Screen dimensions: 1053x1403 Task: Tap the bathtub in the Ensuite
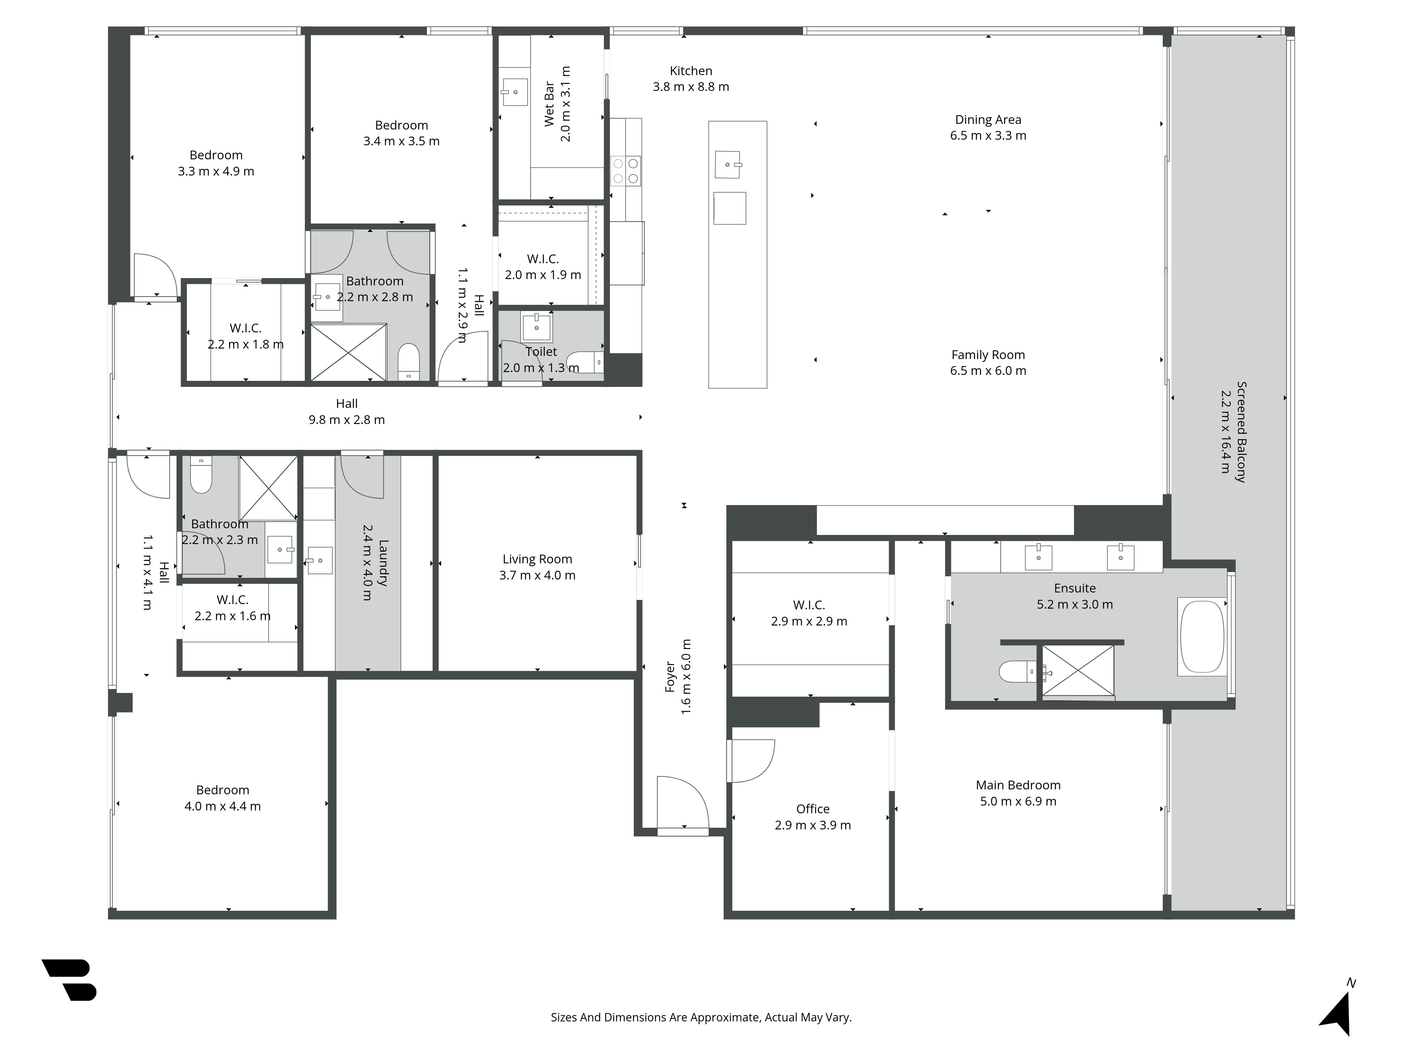click(x=1201, y=637)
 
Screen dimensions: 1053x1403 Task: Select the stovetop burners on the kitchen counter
click(x=625, y=171)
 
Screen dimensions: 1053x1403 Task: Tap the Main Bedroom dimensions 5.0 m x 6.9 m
click(x=1018, y=801)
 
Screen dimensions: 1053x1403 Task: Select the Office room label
click(x=812, y=809)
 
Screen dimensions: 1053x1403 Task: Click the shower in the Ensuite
click(x=1078, y=671)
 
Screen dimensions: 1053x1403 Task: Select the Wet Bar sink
click(x=515, y=92)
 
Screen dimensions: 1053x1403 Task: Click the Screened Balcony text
click(x=1241, y=432)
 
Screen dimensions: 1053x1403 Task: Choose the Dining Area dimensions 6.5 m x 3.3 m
click(x=988, y=135)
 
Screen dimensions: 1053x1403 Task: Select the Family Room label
click(x=988, y=355)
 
